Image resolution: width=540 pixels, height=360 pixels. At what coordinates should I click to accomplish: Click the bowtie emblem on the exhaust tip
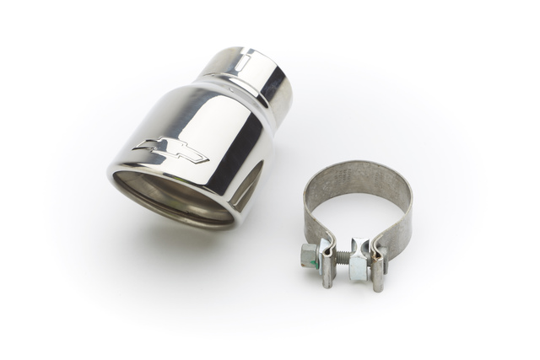170,152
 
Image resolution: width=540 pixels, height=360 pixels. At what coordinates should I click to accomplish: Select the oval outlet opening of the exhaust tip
173,195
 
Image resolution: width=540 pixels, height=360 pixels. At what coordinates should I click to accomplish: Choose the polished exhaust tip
198,139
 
